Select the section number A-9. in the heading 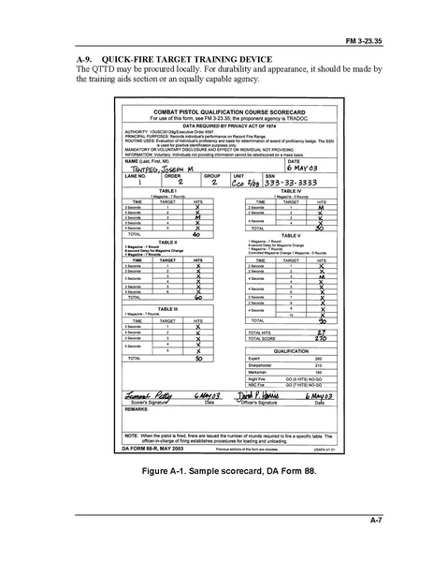pyautogui.click(x=87, y=58)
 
